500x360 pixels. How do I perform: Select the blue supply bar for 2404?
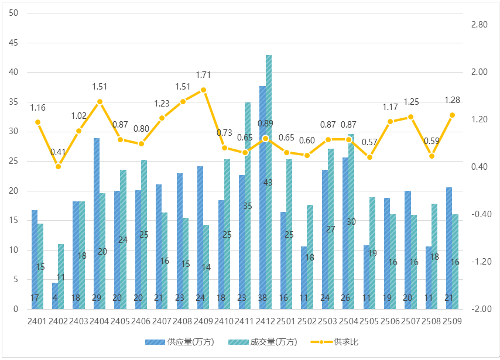click(x=97, y=222)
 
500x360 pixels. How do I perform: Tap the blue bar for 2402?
click(x=55, y=296)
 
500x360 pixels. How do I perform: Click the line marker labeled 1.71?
click(x=203, y=90)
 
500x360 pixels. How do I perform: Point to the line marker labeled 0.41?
click(x=58, y=166)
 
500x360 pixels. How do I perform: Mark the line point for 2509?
click(x=452, y=115)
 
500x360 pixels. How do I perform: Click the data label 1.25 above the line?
click(x=411, y=102)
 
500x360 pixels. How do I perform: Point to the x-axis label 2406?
click(x=141, y=321)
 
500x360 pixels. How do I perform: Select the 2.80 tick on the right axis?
click(x=479, y=25)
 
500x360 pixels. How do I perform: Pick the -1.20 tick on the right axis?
click(x=479, y=262)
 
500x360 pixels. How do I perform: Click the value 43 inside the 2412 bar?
click(x=268, y=182)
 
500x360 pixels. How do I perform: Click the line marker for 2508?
click(x=431, y=156)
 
